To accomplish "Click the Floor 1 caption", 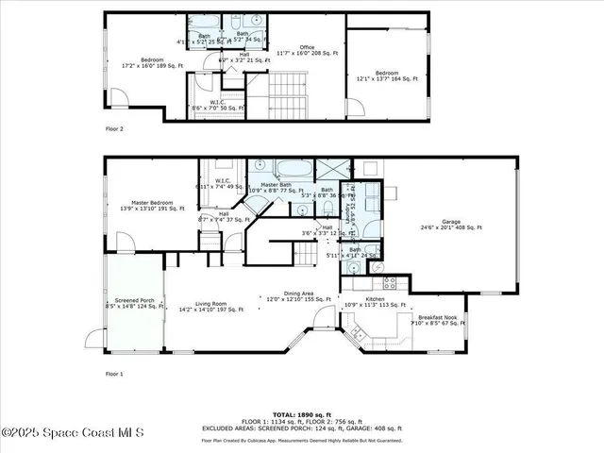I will [114, 374].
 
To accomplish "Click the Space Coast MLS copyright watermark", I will [73, 433].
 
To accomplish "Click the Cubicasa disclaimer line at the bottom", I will [302, 440].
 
